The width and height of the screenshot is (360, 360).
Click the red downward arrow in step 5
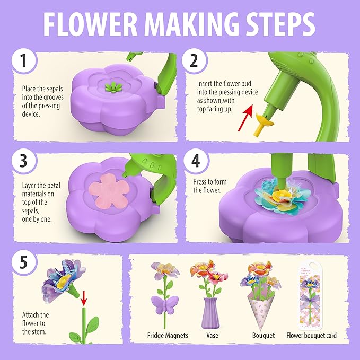(x=83, y=297)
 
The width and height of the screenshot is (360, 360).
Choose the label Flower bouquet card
(x=311, y=336)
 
